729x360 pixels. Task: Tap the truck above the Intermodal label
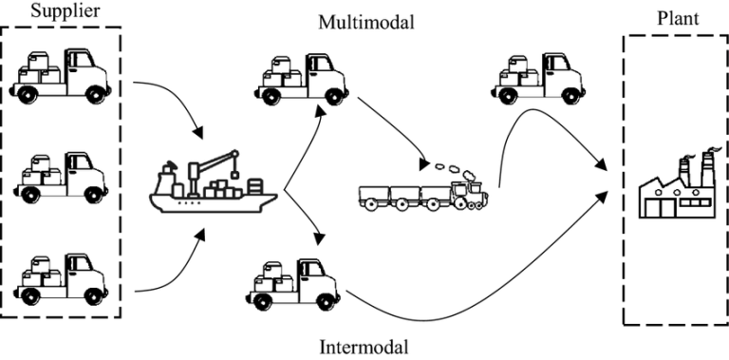tap(291, 279)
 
